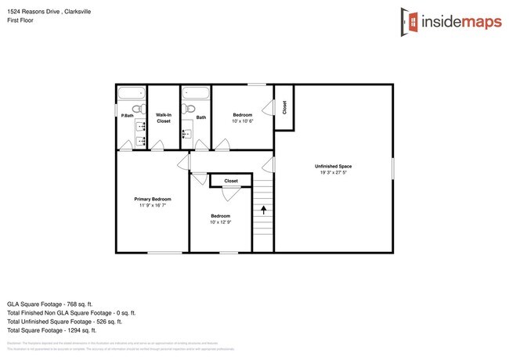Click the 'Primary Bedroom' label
click(152, 199)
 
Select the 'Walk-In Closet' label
click(164, 118)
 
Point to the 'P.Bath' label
click(127, 116)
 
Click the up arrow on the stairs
click(263, 210)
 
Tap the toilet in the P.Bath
click(137, 109)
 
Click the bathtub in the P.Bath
click(130, 94)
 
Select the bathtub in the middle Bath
click(196, 94)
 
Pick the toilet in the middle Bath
click(190, 109)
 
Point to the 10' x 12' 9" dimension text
click(220, 222)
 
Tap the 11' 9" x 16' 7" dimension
click(152, 206)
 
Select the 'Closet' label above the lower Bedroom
click(231, 181)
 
